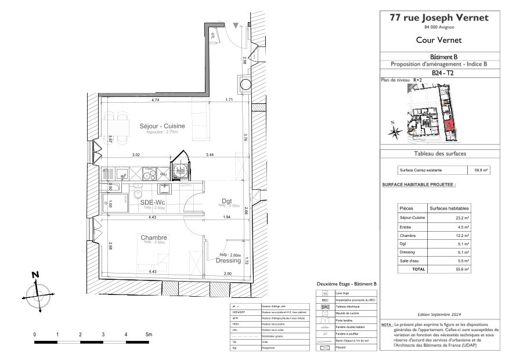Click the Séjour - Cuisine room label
pyautogui.click(x=163, y=126)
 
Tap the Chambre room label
pyautogui.click(x=154, y=237)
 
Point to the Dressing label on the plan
pyautogui.click(x=229, y=261)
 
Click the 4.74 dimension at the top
pyautogui.click(x=156, y=100)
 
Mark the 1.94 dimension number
pyautogui.click(x=226, y=217)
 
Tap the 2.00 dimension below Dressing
pyautogui.click(x=228, y=272)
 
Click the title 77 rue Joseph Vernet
pyautogui.click(x=439, y=17)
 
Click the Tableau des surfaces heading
pyautogui.click(x=439, y=154)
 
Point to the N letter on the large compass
pyautogui.click(x=35, y=275)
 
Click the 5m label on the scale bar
pyautogui.click(x=149, y=335)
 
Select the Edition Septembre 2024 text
pyautogui.click(x=439, y=313)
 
